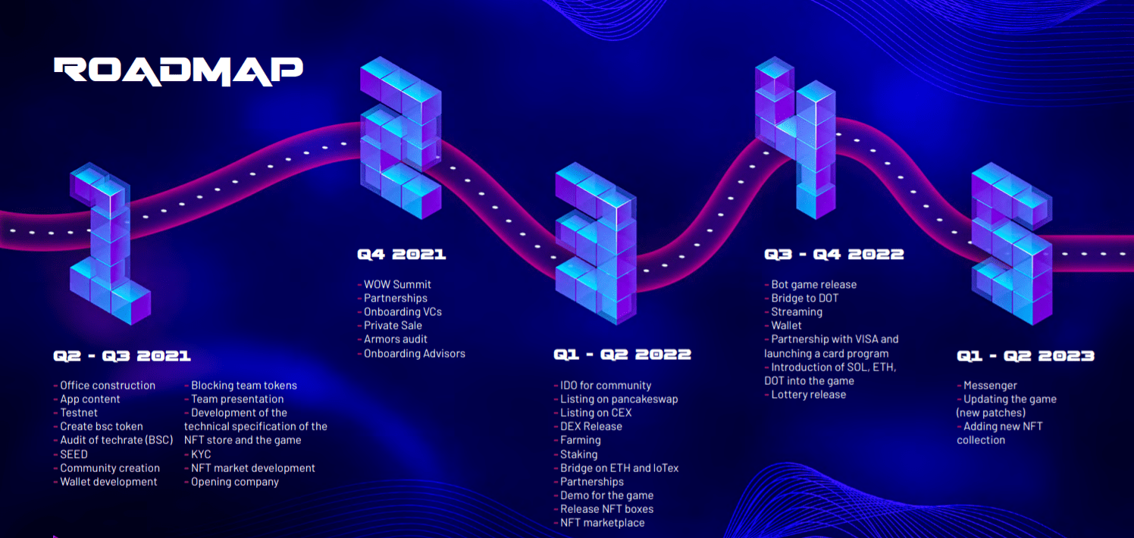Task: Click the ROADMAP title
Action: click(178, 70)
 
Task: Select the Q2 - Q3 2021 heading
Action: click(122, 355)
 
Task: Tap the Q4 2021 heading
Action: click(401, 255)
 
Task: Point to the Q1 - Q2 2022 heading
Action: click(622, 355)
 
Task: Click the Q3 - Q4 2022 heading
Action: click(834, 255)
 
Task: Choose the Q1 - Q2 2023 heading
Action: click(1025, 355)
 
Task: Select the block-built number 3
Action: click(596, 242)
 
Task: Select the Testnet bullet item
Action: click(78, 413)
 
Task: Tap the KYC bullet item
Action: click(201, 454)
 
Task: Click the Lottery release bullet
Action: click(808, 394)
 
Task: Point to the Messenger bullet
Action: click(990, 385)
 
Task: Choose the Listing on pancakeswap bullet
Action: click(619, 399)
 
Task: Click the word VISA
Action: click(864, 339)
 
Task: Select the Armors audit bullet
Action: click(395, 339)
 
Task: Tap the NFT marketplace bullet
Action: click(602, 522)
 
